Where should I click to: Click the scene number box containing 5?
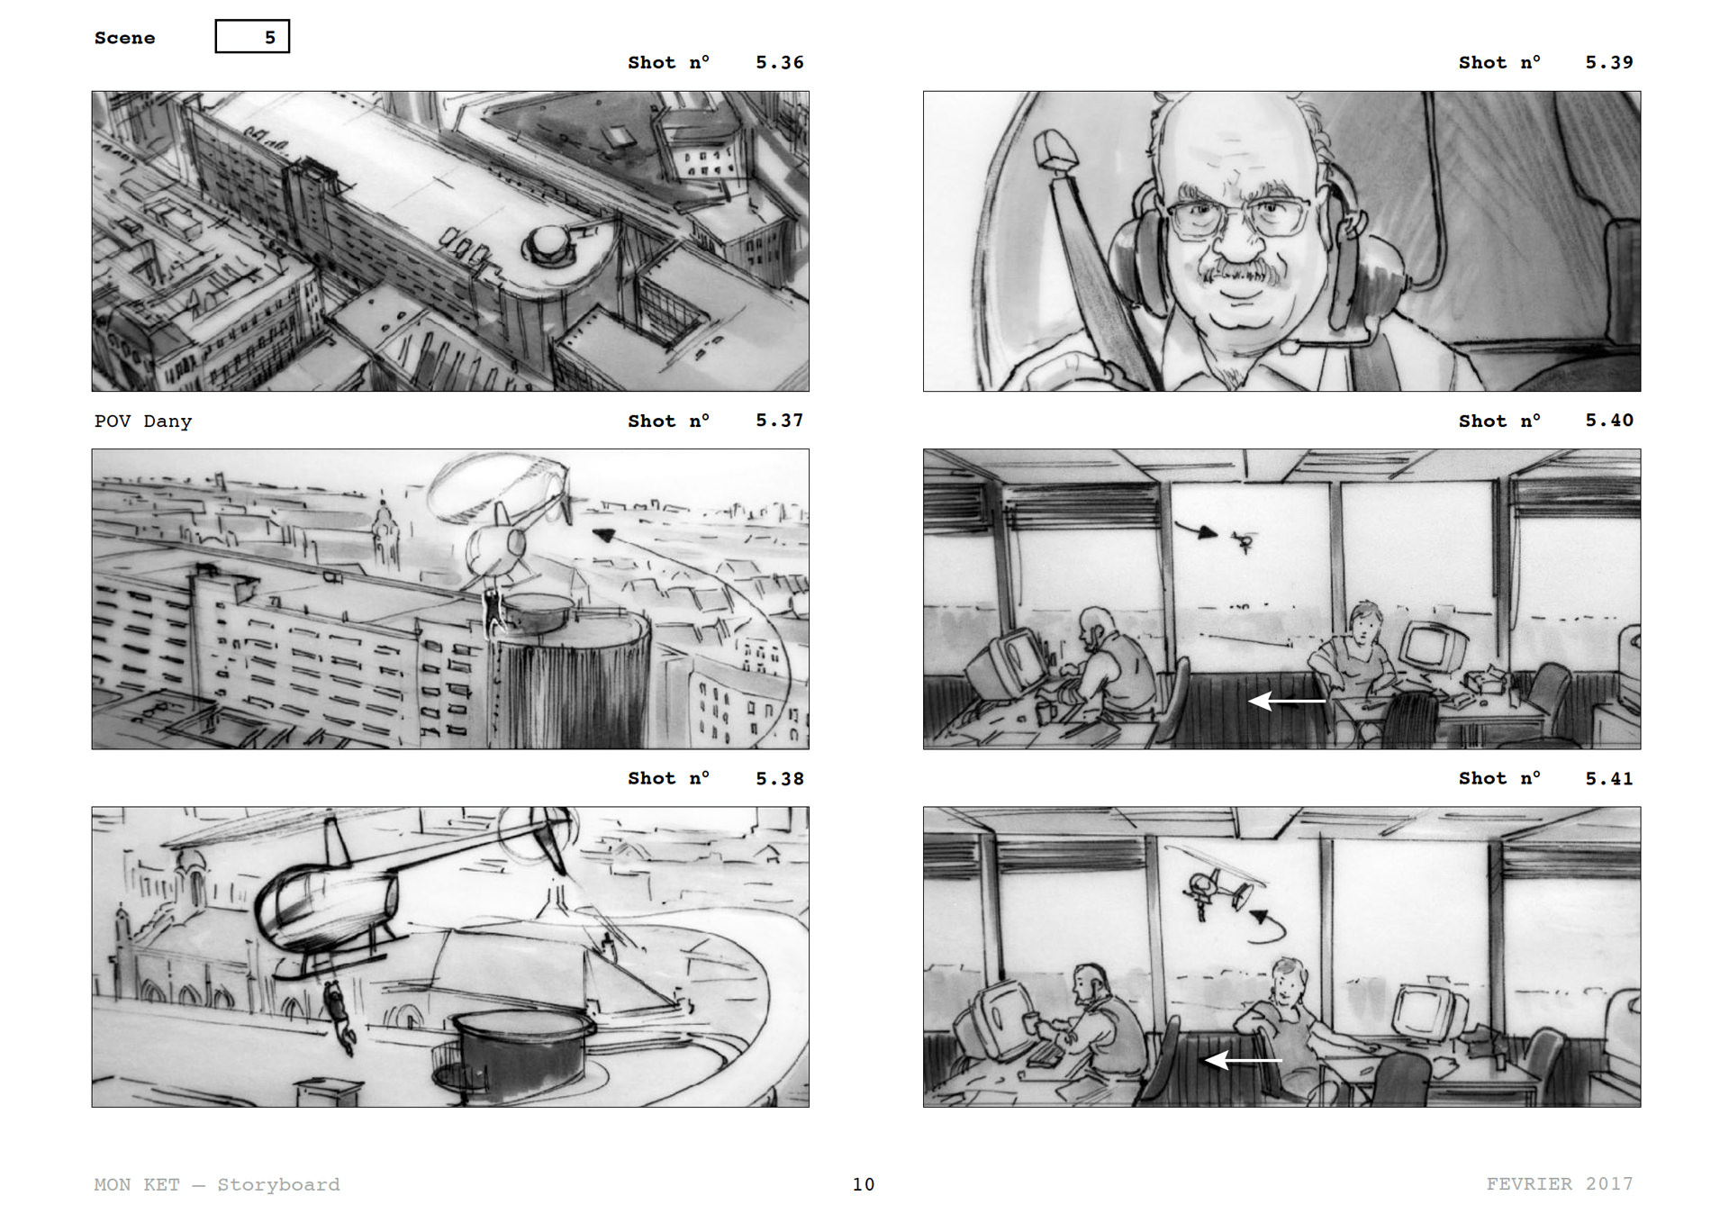point(252,37)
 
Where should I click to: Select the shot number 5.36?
point(779,62)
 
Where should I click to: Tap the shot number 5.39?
point(1609,62)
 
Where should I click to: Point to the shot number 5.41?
point(1609,778)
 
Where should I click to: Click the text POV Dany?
point(143,421)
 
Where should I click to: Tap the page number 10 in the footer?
point(864,1184)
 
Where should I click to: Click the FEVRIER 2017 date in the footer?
point(1560,1183)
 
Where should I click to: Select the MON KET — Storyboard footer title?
point(217,1184)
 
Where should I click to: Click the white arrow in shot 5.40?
point(1287,700)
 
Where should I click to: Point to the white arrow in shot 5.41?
point(1244,1060)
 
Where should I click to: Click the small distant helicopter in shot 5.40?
point(1245,541)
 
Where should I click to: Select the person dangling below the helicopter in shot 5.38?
point(338,1016)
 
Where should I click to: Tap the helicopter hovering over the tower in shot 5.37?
point(500,527)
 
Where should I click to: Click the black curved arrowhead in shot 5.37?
point(602,535)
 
